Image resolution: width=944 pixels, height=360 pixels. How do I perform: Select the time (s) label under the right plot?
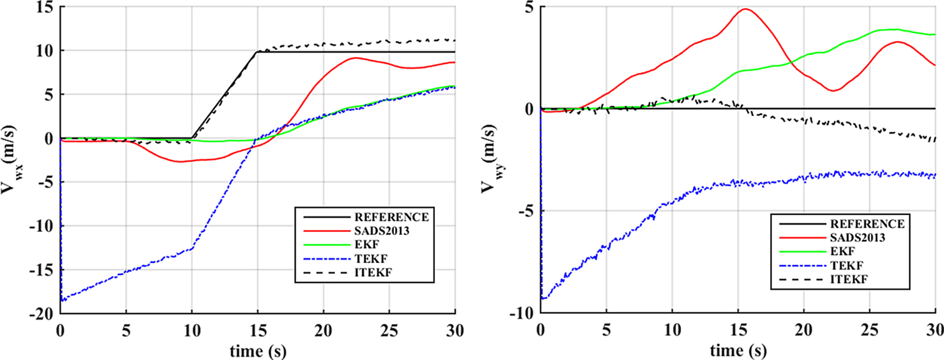tap(738, 350)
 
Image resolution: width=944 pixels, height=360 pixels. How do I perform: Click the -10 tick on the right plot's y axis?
tap(521, 313)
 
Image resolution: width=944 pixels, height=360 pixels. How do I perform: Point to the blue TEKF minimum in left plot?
tap(62, 300)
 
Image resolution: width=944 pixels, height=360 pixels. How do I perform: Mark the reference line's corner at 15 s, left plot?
tap(258, 52)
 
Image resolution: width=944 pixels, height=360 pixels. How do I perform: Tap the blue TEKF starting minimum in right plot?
tap(543, 298)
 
